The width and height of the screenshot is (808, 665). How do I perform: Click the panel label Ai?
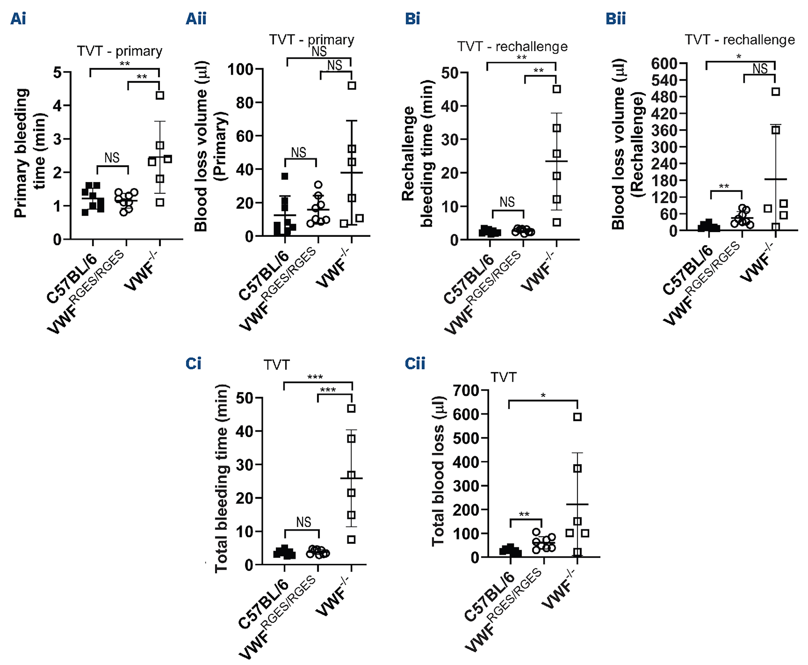coord(18,18)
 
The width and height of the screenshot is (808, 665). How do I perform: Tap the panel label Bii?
coord(615,18)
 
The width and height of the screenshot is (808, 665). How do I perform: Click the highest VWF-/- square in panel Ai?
coord(160,95)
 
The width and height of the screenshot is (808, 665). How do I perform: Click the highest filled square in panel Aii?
coord(285,176)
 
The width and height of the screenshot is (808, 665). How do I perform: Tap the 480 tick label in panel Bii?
coord(664,97)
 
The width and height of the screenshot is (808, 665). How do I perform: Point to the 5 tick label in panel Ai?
coord(57,72)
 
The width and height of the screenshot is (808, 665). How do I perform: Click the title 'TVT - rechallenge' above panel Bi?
coord(512,47)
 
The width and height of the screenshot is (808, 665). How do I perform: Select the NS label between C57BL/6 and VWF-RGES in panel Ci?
coord(304,522)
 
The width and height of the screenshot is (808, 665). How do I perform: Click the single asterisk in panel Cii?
coord(543,395)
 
